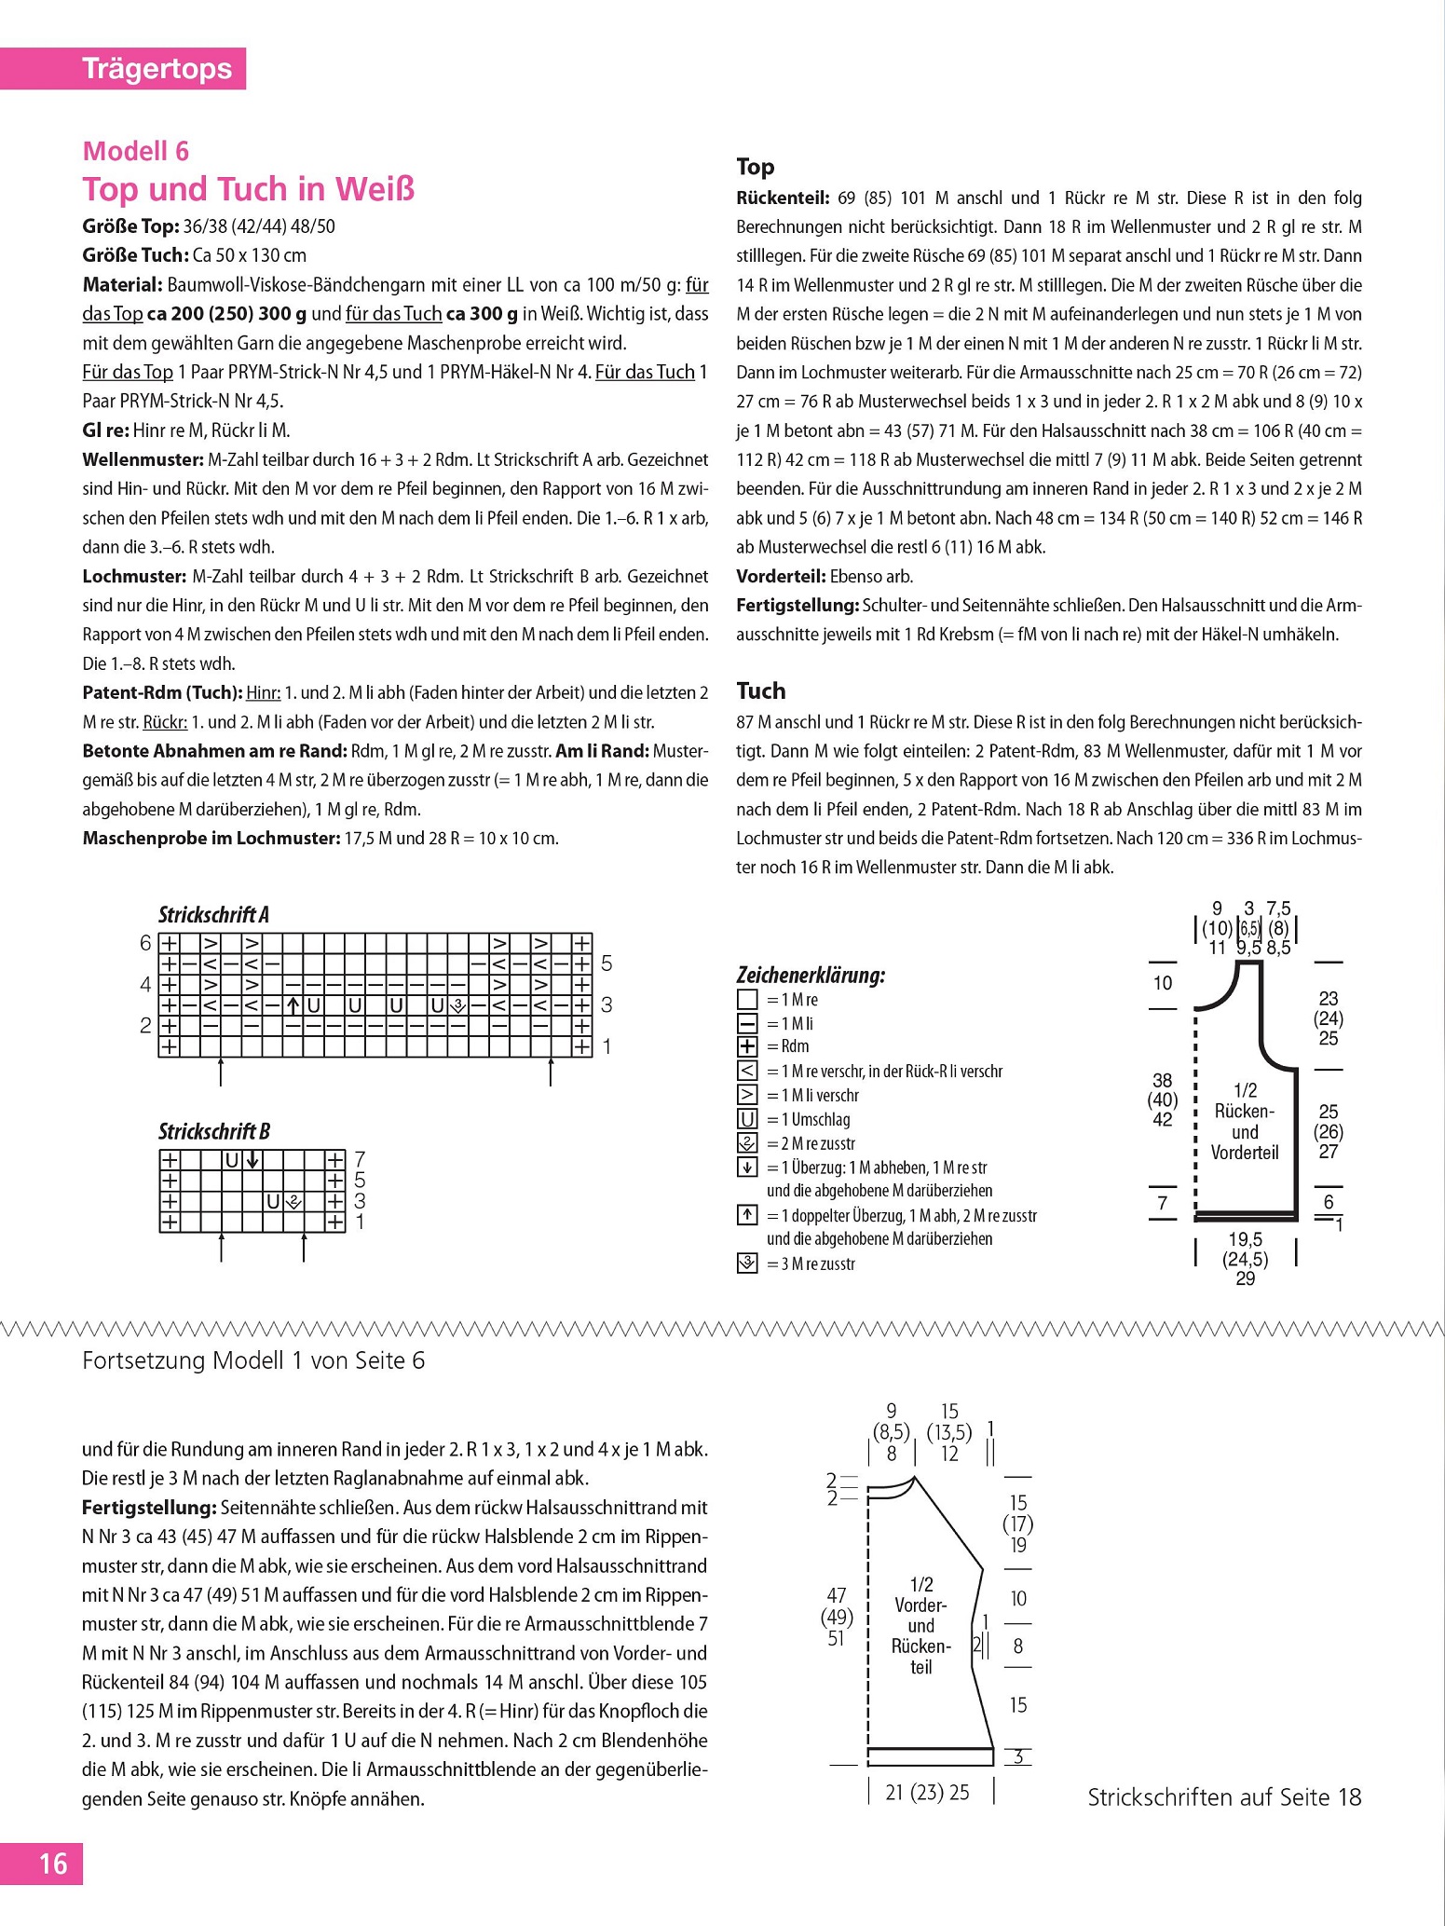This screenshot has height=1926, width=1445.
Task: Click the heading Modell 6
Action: (x=135, y=151)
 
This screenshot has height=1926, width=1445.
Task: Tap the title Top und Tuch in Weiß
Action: (x=249, y=189)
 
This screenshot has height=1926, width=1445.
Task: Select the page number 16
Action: (x=52, y=1864)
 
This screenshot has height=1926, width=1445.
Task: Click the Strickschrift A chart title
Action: (x=213, y=914)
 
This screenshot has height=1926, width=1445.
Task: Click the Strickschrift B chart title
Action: (x=213, y=1131)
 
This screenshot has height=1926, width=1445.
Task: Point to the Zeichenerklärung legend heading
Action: (x=811, y=976)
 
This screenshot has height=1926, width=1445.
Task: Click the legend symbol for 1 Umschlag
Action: (x=747, y=1119)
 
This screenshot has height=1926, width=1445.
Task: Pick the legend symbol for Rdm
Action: (x=747, y=1046)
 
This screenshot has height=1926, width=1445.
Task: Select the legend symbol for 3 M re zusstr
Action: (x=747, y=1264)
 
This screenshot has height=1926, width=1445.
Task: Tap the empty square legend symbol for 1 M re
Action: (x=747, y=1000)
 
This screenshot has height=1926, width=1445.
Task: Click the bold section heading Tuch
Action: (x=760, y=690)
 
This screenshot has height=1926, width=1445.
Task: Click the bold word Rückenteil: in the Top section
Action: (x=782, y=198)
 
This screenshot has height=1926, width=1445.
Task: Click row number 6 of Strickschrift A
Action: (x=145, y=943)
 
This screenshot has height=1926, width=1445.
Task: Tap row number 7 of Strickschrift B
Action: (x=361, y=1160)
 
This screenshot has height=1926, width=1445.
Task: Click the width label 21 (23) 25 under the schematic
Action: (x=927, y=1792)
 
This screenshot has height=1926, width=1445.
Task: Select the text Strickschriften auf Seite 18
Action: (x=1224, y=1796)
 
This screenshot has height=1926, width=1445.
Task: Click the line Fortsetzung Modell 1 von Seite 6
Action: (x=253, y=1360)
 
